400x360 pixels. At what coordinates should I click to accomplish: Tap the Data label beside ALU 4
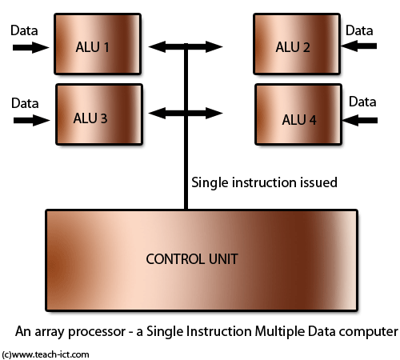pyautogui.click(x=362, y=102)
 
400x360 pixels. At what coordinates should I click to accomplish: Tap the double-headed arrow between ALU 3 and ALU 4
pyautogui.click(x=186, y=113)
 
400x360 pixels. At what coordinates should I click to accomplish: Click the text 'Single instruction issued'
pyautogui.click(x=264, y=182)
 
